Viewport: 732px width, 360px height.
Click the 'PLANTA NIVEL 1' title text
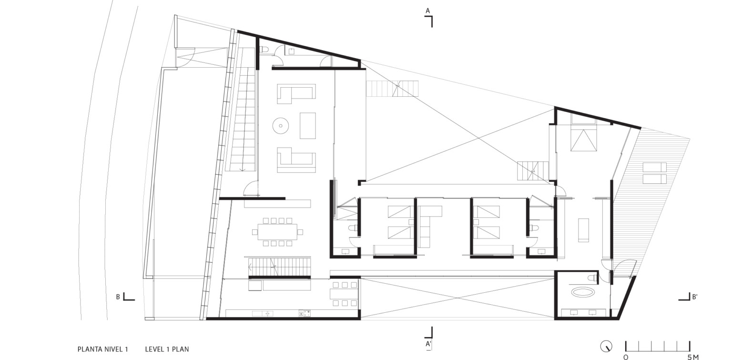[102, 349]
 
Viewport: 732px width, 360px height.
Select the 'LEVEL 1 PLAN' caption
[167, 349]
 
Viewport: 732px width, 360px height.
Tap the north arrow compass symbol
[606, 346]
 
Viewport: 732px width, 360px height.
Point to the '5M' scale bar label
[692, 357]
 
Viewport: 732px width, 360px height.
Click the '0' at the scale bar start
[626, 357]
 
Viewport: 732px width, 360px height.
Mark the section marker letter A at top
[428, 11]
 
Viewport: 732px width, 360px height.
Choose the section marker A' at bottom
[428, 344]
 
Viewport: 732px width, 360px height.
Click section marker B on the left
[118, 297]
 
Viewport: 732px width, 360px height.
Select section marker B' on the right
[695, 297]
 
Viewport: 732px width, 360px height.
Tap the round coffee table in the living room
[281, 125]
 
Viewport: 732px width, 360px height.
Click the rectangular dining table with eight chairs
[277, 232]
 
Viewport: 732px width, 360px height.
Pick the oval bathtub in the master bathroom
[582, 292]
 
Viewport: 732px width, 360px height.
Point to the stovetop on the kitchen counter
[304, 314]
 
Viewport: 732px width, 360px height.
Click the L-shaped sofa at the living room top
[296, 94]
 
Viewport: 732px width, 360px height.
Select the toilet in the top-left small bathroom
[264, 50]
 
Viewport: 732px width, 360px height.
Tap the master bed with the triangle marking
[583, 140]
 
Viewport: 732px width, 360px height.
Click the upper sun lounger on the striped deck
[654, 167]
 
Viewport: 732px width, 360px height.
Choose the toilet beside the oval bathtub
[592, 278]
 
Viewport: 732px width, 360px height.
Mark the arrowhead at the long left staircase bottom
[242, 169]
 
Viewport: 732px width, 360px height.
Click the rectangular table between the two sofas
[308, 125]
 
